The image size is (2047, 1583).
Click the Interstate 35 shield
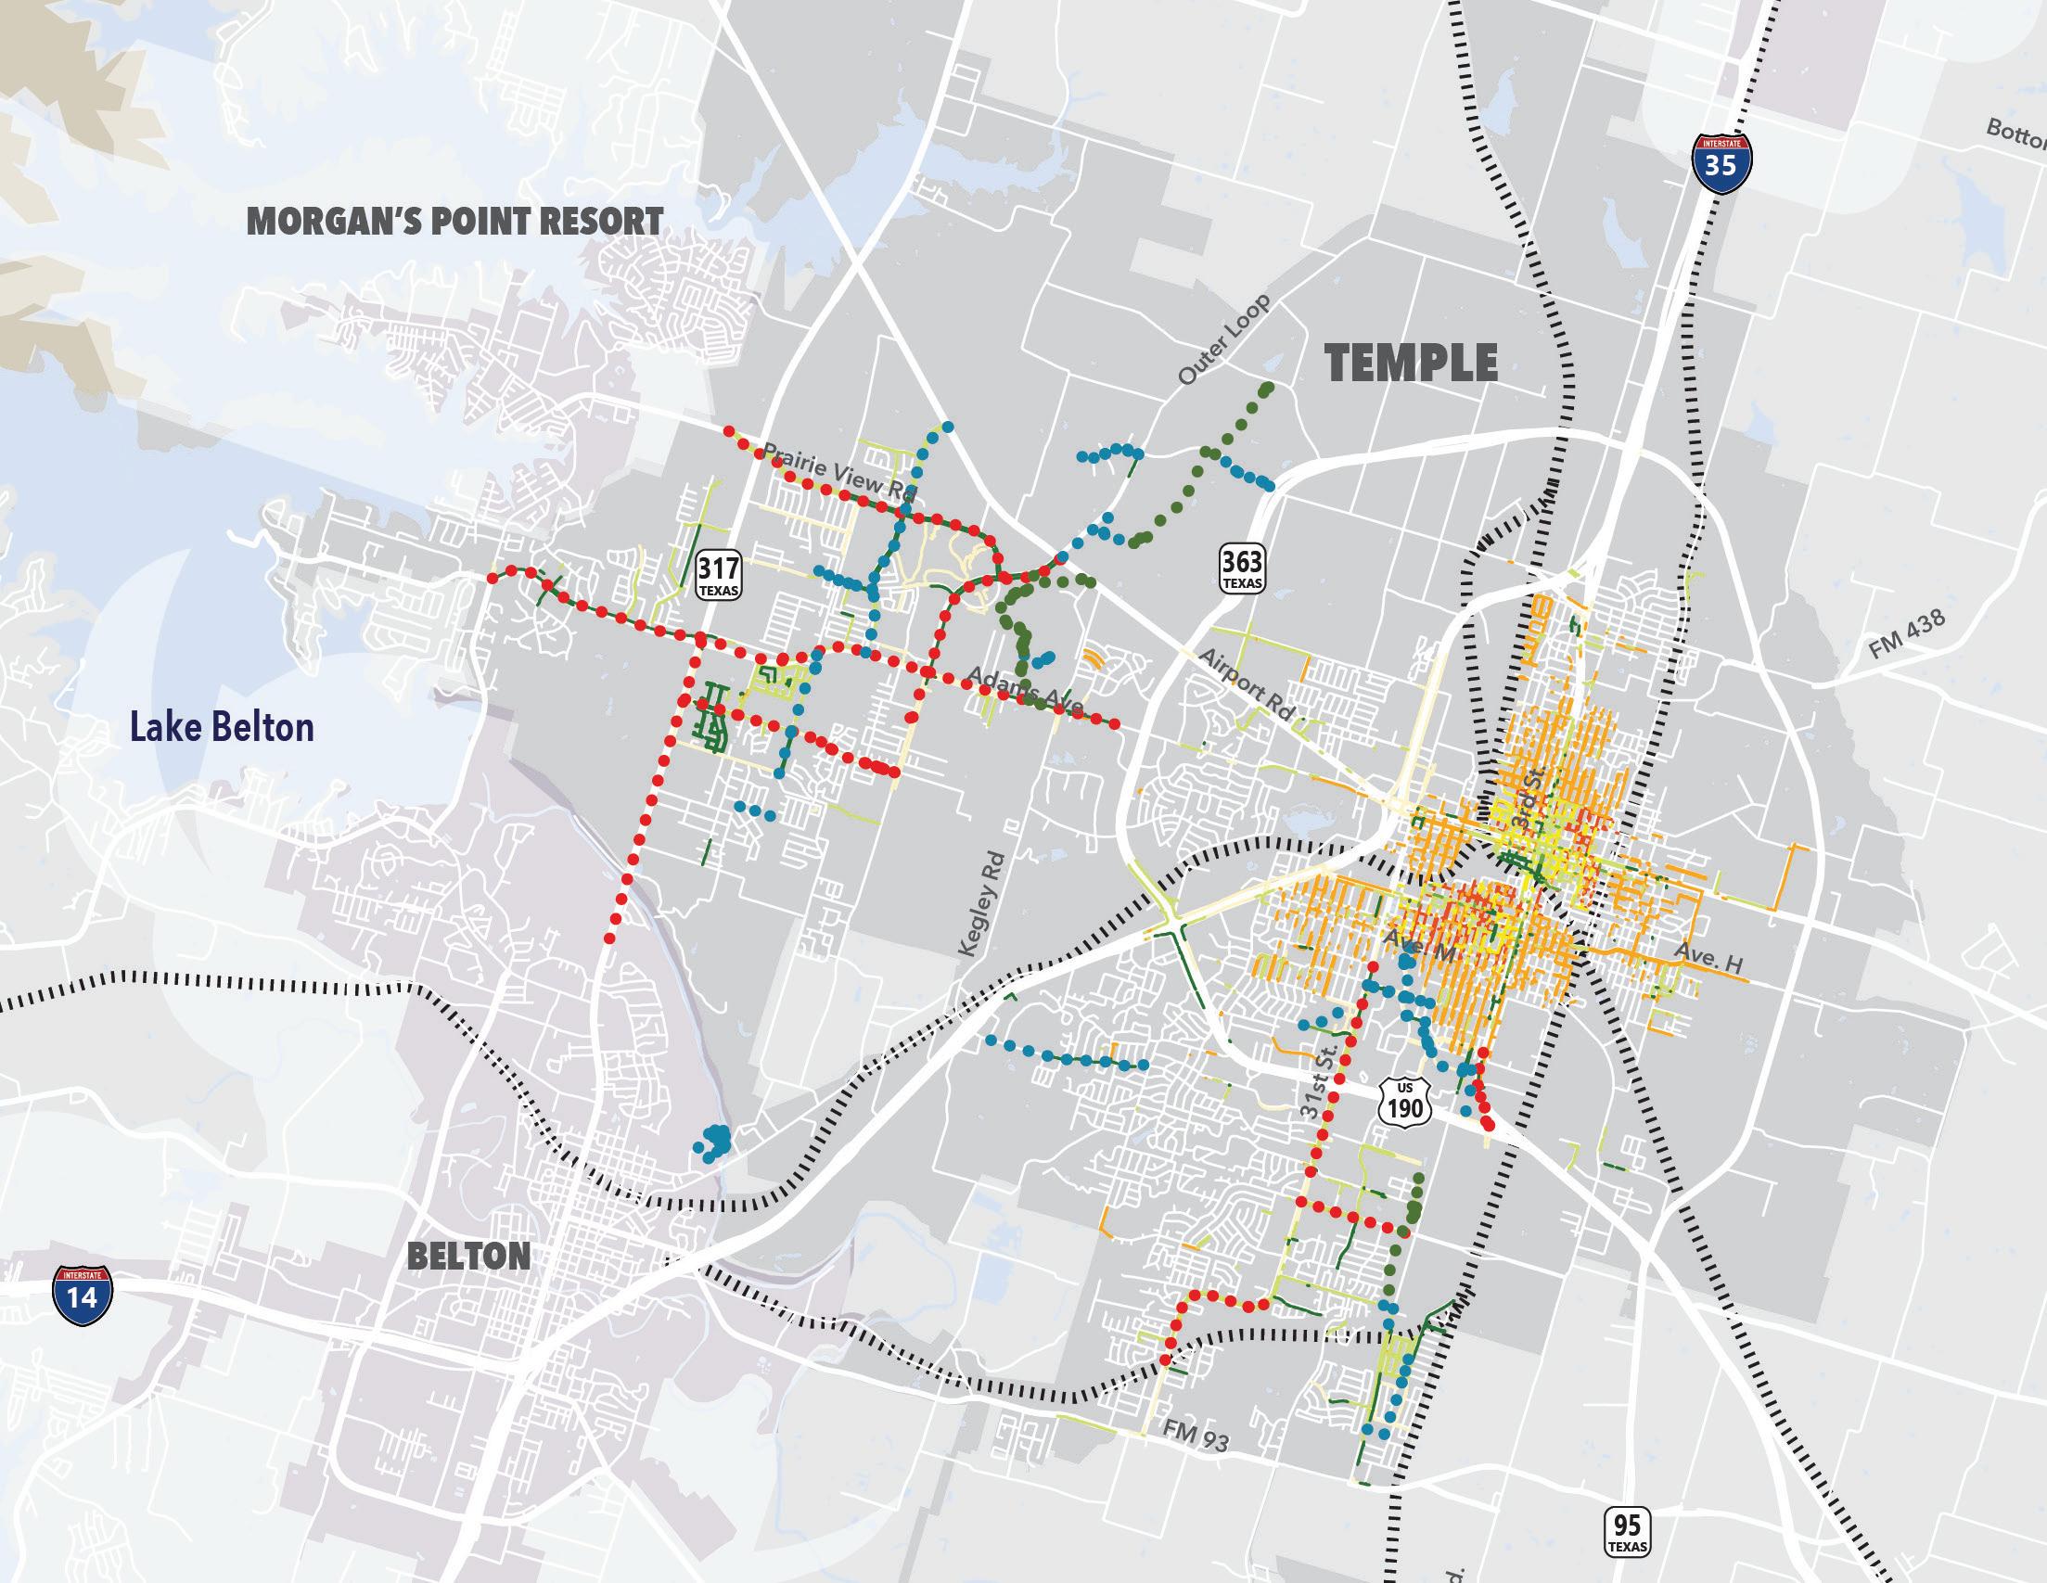[x=1720, y=163]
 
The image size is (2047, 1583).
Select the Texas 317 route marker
[x=719, y=574]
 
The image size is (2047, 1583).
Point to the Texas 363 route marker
[x=1242, y=568]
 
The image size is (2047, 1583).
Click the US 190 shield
[x=1406, y=1101]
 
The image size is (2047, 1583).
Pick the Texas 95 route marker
[x=1627, y=1531]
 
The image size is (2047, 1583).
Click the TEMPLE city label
[x=1412, y=364]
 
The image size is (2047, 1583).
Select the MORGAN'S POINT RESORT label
[x=454, y=223]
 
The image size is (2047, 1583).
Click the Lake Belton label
[x=221, y=727]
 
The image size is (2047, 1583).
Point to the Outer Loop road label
[x=1224, y=339]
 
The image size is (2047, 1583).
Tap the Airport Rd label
[x=1246, y=684]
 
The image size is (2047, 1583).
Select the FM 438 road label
[x=1906, y=634]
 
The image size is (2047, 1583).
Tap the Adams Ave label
[x=1025, y=690]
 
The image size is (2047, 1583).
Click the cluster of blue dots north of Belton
[x=714, y=1143]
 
